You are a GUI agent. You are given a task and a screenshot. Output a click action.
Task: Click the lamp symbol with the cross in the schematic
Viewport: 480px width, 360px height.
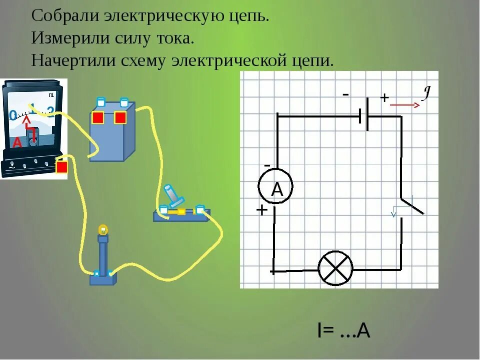[x=335, y=268]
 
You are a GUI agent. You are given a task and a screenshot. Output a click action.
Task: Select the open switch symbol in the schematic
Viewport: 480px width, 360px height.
[x=407, y=205]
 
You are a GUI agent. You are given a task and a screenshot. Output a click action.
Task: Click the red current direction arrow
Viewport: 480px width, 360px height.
[x=404, y=105]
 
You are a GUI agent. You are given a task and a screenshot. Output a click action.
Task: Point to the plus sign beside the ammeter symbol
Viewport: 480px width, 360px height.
[x=261, y=210]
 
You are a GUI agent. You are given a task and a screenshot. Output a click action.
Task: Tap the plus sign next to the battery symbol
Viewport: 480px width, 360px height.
[x=384, y=98]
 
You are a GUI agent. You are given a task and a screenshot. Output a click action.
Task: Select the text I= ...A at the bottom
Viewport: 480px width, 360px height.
[x=343, y=330]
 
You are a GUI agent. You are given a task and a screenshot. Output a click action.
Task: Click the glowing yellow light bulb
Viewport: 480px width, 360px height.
[x=103, y=229]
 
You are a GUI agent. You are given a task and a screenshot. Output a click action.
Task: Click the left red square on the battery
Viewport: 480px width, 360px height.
[x=98, y=117]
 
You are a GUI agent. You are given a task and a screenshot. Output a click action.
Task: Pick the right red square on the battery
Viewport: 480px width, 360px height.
[x=120, y=117]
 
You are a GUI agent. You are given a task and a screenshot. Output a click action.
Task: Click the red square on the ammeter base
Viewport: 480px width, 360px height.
[x=61, y=167]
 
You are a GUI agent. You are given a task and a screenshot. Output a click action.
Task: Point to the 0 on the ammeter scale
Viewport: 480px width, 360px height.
[x=13, y=115]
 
